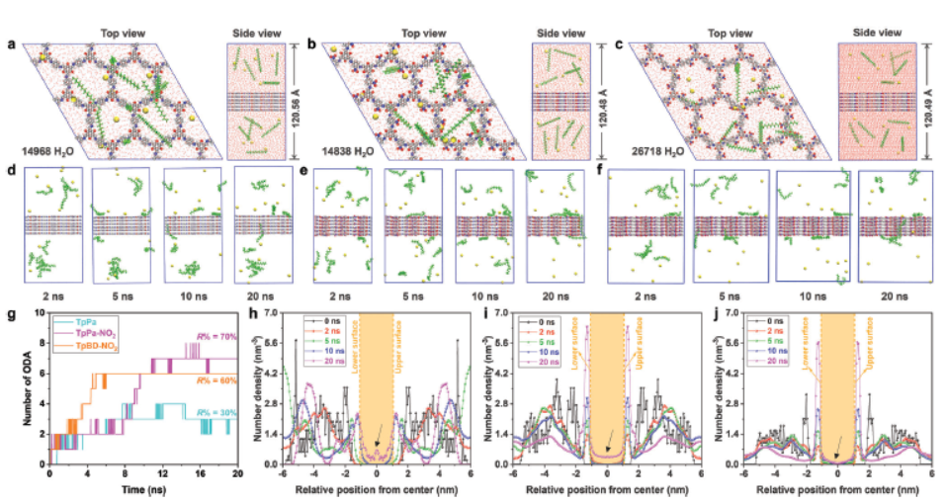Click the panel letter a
(10, 45)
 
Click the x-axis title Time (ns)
(142, 489)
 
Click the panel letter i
(485, 315)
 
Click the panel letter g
(11, 315)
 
